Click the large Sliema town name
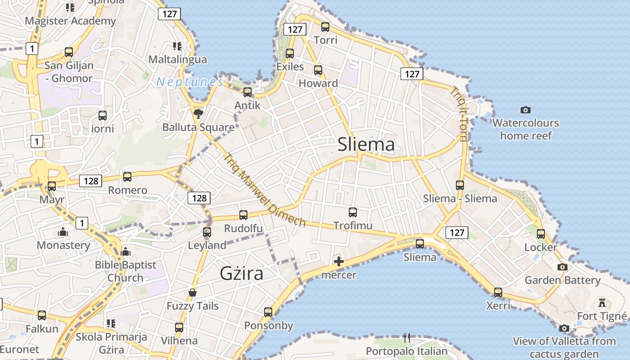366,144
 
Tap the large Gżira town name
241,273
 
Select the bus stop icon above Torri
325,27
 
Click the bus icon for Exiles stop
290,53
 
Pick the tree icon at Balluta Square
198,113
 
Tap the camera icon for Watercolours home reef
525,110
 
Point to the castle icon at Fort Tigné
602,302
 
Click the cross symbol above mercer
339,261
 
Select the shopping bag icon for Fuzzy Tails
193,292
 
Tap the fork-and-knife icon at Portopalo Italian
407,337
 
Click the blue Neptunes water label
189,82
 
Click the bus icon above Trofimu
353,211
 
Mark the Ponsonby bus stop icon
268,312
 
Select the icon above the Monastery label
63,232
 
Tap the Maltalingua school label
178,59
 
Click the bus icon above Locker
541,234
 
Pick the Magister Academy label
71,21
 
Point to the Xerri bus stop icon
498,292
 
